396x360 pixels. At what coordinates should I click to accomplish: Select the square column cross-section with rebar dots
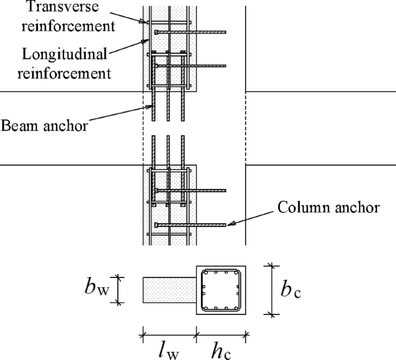coord(221,290)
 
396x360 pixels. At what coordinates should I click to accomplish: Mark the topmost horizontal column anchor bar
coord(191,32)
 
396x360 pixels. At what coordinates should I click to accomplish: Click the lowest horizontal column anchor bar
coord(191,225)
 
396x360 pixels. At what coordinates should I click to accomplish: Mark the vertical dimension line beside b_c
coord(271,290)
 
